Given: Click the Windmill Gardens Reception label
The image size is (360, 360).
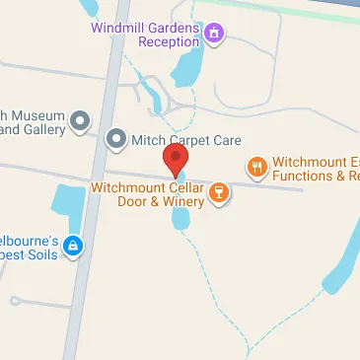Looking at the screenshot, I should pos(146,35).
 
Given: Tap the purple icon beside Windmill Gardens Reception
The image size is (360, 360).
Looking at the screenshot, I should pos(213,35).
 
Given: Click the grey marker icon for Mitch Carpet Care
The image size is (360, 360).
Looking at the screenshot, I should pos(117,139).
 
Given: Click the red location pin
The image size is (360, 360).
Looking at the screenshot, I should pos(176,161).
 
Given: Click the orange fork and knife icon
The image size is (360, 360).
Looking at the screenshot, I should pos(256,166).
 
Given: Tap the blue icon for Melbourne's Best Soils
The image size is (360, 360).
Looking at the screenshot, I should pos(72,246).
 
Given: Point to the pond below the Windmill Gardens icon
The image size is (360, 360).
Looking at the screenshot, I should pos(186,69).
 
